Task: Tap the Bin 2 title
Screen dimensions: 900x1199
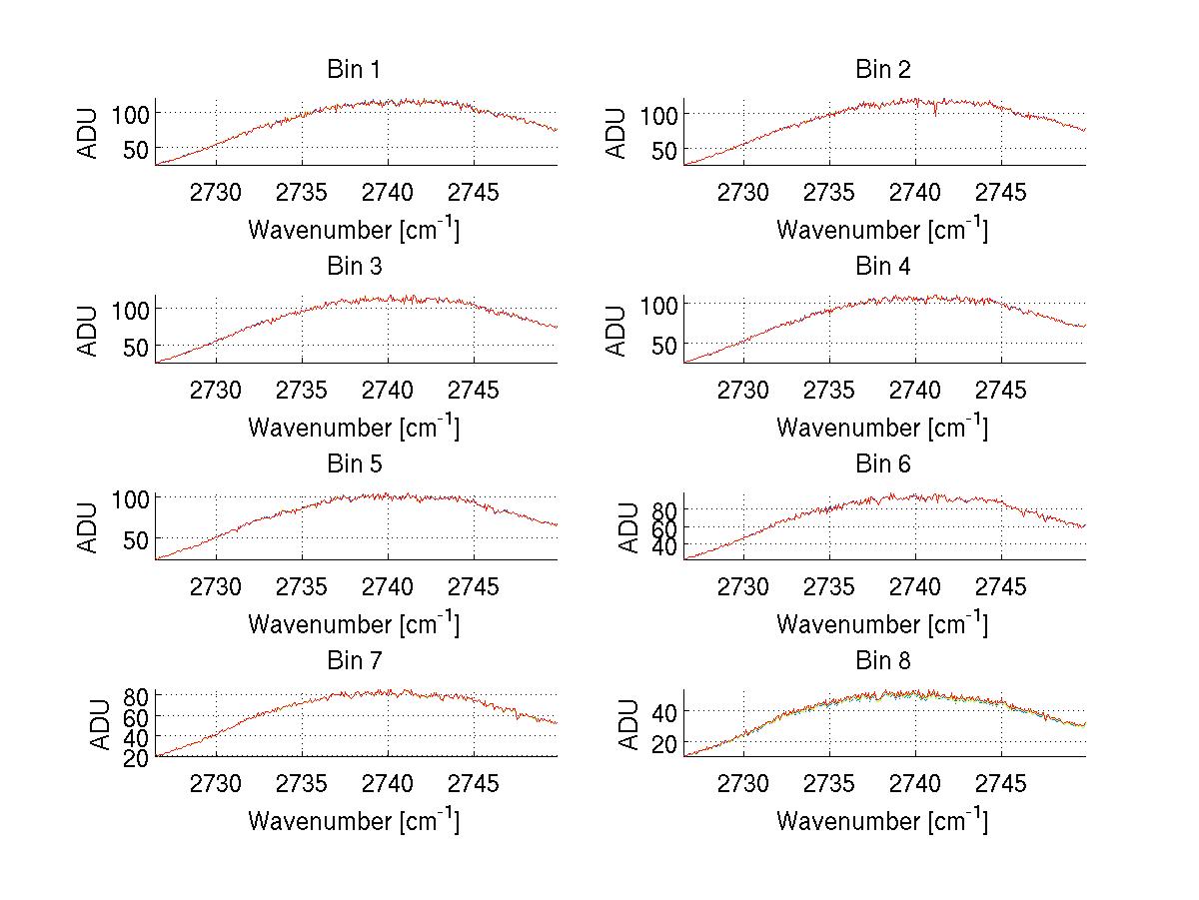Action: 882,70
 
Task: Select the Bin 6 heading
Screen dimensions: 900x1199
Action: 882,464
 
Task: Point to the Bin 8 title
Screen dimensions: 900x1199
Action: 882,661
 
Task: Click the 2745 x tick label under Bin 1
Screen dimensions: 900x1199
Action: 473,193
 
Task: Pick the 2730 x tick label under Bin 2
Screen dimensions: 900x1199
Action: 743,193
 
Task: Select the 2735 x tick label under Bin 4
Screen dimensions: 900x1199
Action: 829,390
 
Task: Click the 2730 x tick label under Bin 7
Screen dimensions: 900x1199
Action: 216,784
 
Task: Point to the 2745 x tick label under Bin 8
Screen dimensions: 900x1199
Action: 1000,784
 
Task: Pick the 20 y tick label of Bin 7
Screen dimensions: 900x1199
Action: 138,757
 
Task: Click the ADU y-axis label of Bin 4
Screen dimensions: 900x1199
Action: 616,331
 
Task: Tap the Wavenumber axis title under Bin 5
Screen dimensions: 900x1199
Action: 353,624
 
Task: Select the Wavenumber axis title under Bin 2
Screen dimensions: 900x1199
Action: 882,230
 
